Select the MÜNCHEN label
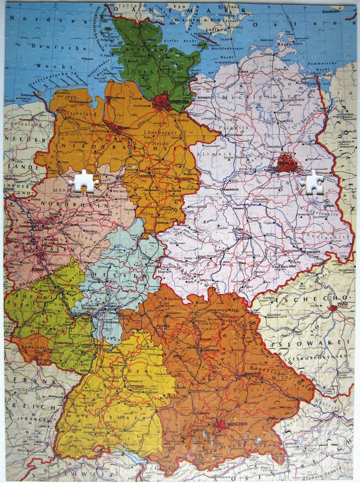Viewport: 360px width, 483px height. tap(237, 424)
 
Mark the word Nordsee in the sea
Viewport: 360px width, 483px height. tap(27, 18)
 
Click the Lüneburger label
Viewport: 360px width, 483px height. tap(158, 132)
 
